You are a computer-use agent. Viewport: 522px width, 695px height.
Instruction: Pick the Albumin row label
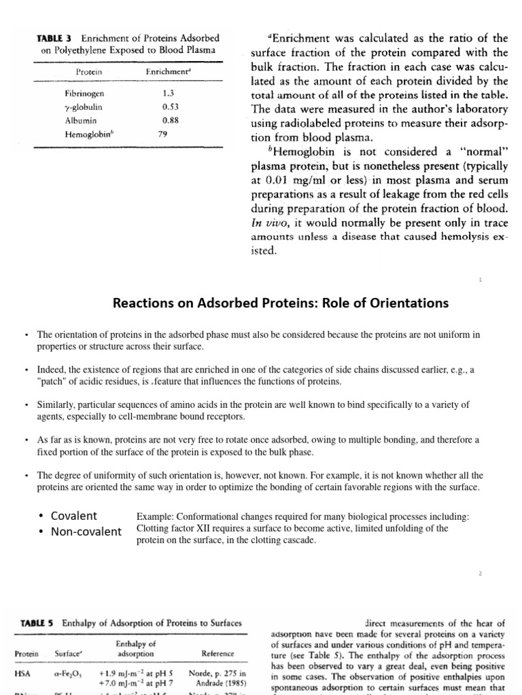(x=80, y=120)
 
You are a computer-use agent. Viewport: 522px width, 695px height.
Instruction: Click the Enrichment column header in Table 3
(x=167, y=71)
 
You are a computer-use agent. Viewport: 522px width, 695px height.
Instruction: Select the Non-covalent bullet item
(x=86, y=531)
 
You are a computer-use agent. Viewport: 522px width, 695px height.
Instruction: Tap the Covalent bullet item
(x=74, y=515)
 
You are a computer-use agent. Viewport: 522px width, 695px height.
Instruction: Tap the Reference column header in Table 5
(x=217, y=654)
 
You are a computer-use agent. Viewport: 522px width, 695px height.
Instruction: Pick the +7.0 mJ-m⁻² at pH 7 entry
(x=135, y=683)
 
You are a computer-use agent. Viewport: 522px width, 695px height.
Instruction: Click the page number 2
(x=480, y=574)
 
